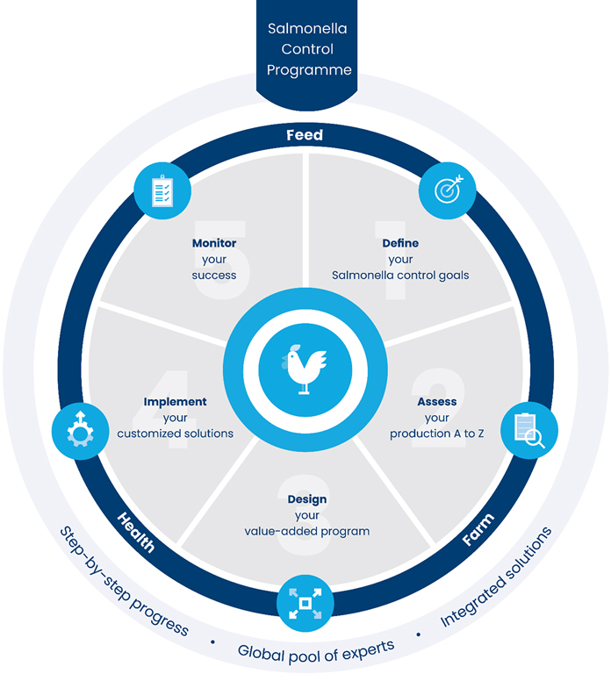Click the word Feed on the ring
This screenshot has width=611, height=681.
[305, 135]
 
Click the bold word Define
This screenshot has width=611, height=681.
[400, 243]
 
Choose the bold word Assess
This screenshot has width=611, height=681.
[437, 402]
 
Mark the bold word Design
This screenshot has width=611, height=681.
[306, 499]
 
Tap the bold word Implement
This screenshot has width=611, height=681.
[176, 402]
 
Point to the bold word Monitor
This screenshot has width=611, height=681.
[214, 243]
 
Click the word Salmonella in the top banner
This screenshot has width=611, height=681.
[305, 28]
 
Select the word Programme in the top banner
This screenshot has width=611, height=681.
[305, 70]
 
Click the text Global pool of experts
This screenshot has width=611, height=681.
[316, 650]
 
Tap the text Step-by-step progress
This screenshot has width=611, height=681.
[123, 581]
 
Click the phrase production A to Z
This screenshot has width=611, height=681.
[437, 434]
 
